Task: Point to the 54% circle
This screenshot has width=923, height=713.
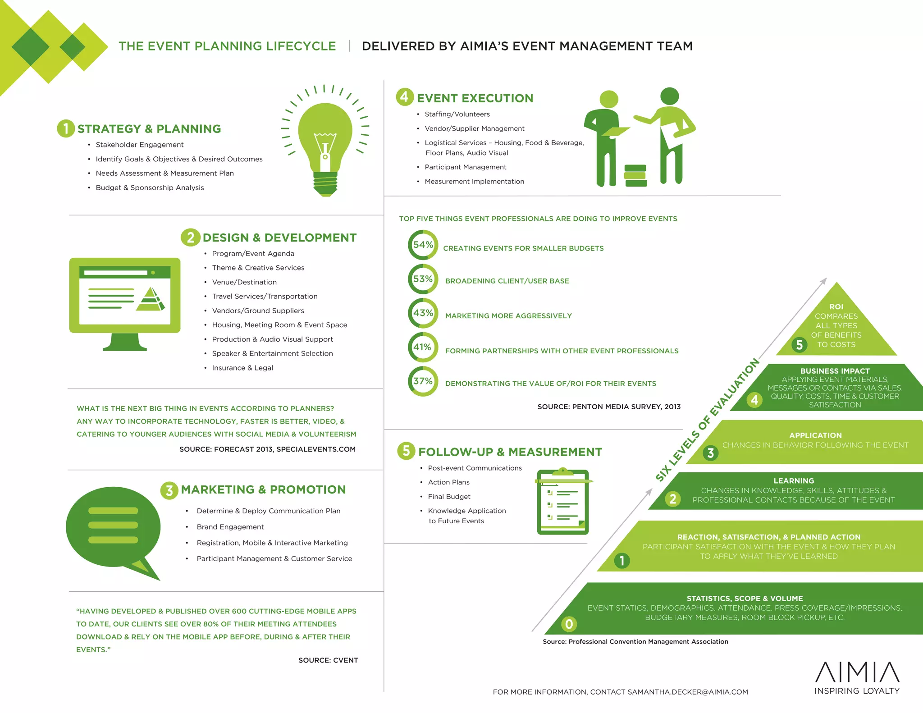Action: (x=423, y=245)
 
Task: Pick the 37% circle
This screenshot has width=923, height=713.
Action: (x=423, y=381)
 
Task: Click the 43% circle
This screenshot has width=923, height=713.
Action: (x=423, y=313)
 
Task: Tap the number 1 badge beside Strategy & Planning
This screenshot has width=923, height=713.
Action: (x=66, y=128)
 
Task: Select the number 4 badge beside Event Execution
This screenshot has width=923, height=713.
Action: (x=405, y=97)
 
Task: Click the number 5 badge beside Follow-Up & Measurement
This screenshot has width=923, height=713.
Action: (x=406, y=451)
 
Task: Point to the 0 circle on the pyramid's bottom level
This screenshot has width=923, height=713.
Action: (x=569, y=624)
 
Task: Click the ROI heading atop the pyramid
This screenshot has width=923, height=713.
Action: (x=836, y=306)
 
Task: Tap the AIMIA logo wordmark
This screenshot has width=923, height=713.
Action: (x=857, y=672)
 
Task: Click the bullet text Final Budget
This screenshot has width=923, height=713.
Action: (x=449, y=497)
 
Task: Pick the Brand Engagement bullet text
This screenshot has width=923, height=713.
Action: (x=230, y=527)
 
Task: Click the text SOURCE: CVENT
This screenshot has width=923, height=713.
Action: (x=328, y=660)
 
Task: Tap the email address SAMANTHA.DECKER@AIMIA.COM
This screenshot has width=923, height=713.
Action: (x=687, y=692)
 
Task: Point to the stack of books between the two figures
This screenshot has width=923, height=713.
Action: (x=635, y=175)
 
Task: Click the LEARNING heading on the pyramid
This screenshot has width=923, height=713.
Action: (x=794, y=481)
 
